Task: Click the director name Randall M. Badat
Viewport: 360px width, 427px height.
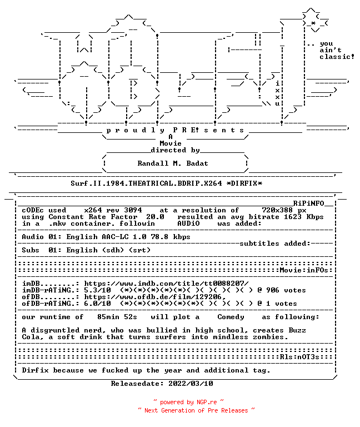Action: point(173,163)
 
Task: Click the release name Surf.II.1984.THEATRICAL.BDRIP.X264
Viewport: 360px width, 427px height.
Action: point(147,183)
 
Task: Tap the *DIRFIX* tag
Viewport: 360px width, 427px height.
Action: point(244,183)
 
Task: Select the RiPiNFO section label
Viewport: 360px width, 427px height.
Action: point(308,203)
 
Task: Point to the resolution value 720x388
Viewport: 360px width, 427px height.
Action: point(277,210)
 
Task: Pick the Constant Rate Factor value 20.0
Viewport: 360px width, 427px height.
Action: point(155,217)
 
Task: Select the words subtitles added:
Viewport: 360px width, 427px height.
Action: point(275,244)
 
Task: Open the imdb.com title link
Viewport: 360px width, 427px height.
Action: point(166,284)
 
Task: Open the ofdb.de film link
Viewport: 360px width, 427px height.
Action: point(155,297)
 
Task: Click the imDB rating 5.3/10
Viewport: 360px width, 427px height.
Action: point(97,290)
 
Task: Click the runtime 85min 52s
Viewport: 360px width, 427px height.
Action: point(117,317)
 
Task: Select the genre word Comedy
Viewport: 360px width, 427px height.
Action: point(231,317)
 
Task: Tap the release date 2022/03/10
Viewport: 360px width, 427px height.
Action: point(191,384)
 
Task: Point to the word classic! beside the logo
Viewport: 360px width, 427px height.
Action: point(337,57)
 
